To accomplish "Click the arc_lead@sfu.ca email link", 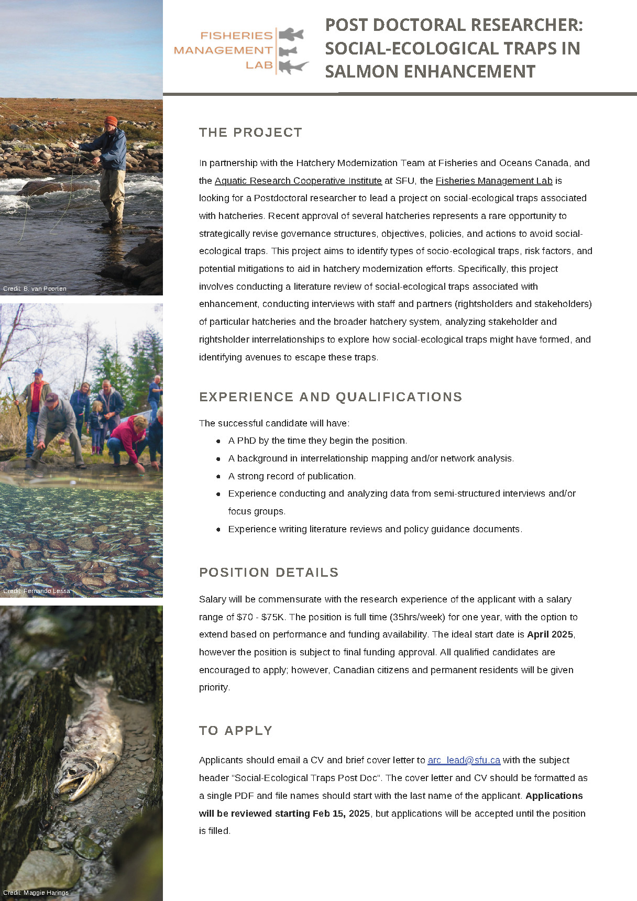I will pyautogui.click(x=464, y=760).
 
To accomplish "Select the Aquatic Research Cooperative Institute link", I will pyautogui.click(x=298, y=181).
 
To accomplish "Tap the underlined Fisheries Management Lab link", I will pyautogui.click(x=493, y=181).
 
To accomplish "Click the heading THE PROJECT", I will pyautogui.click(x=250, y=133).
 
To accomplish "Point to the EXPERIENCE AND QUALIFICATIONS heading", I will pyautogui.click(x=330, y=397).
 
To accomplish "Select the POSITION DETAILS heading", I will pyautogui.click(x=269, y=573).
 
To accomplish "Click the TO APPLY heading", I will pyautogui.click(x=235, y=731).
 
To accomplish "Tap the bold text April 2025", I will pyautogui.click(x=550, y=634).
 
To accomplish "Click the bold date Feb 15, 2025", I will pyautogui.click(x=341, y=814).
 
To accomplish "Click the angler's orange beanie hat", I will pyautogui.click(x=111, y=120).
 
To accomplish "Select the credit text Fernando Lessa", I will pyautogui.click(x=37, y=591).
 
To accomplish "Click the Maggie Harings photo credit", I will pyautogui.click(x=36, y=893).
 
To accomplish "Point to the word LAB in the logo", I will pyautogui.click(x=259, y=65).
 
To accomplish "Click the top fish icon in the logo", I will pyautogui.click(x=291, y=35).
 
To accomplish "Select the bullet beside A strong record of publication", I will pyautogui.click(x=218, y=477).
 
